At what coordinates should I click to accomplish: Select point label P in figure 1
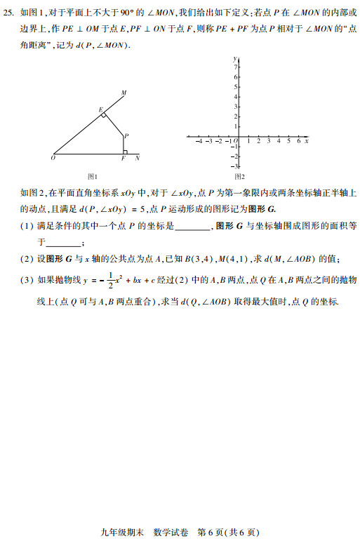(126, 135)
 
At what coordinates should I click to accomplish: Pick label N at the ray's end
(137, 159)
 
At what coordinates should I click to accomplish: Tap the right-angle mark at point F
(124, 151)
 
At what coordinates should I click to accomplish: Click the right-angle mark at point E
(103, 114)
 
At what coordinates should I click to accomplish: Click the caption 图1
(92, 176)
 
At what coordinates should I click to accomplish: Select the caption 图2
(239, 176)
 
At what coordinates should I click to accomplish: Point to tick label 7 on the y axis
(235, 67)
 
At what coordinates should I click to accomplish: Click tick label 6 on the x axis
(298, 141)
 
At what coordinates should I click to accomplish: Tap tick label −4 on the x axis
(199, 141)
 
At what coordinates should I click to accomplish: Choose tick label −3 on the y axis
(234, 166)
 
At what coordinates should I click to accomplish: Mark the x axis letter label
(307, 141)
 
